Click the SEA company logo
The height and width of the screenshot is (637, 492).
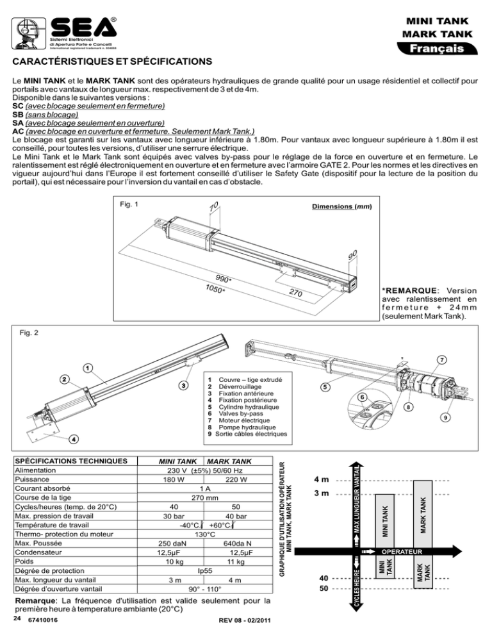click(64, 33)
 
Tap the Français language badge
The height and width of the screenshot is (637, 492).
click(437, 48)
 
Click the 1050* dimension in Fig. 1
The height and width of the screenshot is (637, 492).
click(215, 288)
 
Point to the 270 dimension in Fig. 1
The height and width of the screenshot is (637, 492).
click(296, 292)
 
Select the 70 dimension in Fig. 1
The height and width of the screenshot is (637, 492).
click(214, 206)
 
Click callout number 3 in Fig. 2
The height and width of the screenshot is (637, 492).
click(184, 385)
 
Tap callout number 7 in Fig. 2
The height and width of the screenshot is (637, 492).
click(441, 360)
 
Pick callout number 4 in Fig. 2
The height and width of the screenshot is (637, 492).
click(73, 439)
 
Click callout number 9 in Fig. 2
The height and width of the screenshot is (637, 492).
click(445, 417)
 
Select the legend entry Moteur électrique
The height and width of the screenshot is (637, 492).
click(244, 420)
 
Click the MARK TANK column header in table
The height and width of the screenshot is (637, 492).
click(229, 461)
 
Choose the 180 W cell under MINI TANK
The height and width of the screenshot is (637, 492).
click(174, 480)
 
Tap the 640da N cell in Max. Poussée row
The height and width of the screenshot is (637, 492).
click(237, 543)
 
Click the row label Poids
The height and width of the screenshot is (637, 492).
click(24, 561)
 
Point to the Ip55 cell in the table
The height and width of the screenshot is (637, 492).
click(205, 571)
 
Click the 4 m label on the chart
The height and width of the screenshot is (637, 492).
click(322, 479)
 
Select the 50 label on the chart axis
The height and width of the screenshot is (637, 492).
click(324, 589)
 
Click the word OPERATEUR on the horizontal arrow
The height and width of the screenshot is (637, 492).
click(402, 552)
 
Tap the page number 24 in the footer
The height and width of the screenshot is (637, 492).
click(17, 618)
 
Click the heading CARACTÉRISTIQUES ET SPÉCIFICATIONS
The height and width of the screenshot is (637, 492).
click(112, 62)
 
